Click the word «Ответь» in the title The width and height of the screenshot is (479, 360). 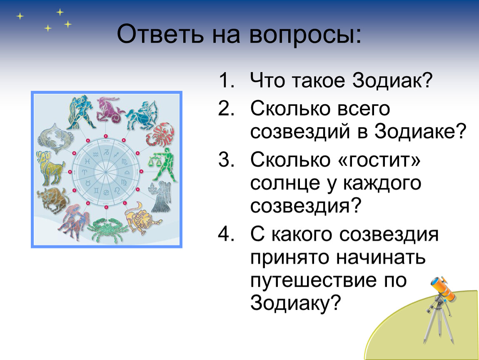pyautogui.click(x=160, y=34)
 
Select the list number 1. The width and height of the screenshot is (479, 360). pyautogui.click(x=227, y=81)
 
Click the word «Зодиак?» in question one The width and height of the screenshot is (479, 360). pyautogui.click(x=392, y=80)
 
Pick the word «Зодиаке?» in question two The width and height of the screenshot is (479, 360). pyautogui.click(x=420, y=131)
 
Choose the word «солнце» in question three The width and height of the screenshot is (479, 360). pyautogui.click(x=286, y=183)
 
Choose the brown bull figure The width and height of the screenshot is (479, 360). pyautogui.click(x=52, y=200)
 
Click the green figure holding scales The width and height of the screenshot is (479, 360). pyautogui.click(x=163, y=165)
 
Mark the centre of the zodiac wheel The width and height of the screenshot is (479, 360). pyautogui.click(x=105, y=172)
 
